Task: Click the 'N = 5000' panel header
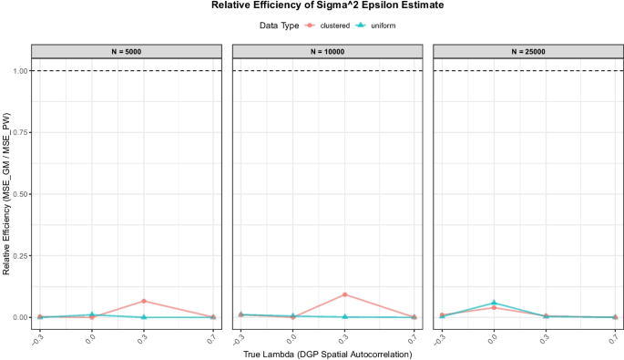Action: [125, 50]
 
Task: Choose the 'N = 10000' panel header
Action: [325, 50]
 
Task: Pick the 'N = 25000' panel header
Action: [526, 50]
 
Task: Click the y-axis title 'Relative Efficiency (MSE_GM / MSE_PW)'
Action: [6, 193]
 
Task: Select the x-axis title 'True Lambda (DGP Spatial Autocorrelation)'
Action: [325, 354]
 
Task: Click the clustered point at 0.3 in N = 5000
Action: [143, 301]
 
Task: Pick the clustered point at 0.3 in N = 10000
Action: [344, 294]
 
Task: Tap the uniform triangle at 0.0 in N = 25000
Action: [494, 303]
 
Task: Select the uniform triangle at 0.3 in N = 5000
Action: [143, 317]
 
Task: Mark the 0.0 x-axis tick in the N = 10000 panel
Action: [292, 334]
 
